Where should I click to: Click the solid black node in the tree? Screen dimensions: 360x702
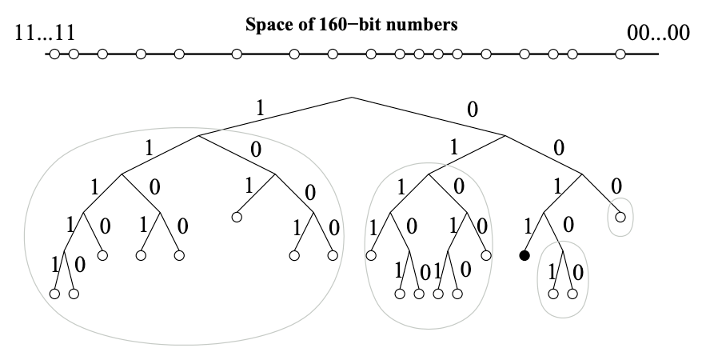pos(525,256)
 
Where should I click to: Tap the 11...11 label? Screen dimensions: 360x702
pos(46,34)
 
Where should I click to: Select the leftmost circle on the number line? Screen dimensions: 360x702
pos(54,54)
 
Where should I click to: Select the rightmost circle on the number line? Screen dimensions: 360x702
pos(620,54)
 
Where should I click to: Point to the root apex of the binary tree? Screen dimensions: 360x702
pos(352,97)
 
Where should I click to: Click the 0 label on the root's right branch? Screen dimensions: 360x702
pos(472,110)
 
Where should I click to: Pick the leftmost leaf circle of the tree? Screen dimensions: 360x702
pos(54,294)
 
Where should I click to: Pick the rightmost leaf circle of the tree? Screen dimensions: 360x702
pos(620,217)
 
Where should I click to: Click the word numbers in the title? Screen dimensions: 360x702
pos(428,24)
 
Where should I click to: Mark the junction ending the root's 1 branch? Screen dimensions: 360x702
pos(199,135)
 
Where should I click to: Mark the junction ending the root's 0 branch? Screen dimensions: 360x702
pos(505,135)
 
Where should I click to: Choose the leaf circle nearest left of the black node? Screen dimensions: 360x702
pos(486,256)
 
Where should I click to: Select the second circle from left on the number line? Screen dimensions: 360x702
pos(74,54)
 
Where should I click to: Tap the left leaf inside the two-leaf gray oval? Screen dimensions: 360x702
pos(553,294)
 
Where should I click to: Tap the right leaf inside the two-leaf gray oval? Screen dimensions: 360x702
pos(572,294)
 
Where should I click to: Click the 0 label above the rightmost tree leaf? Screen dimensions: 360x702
pos(616,186)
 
